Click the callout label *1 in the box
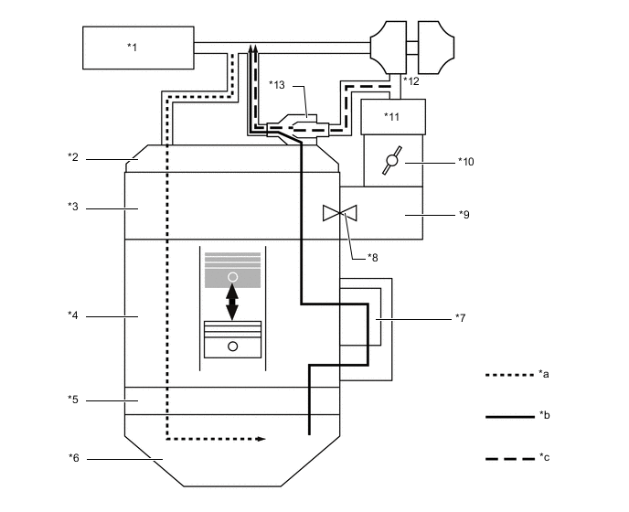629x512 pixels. [x=133, y=47]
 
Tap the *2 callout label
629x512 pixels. [x=73, y=156]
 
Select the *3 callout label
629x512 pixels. [x=73, y=208]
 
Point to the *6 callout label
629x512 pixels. [x=73, y=457]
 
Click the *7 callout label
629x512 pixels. [x=461, y=317]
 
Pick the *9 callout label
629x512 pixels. [x=464, y=214]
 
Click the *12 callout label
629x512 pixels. [x=411, y=82]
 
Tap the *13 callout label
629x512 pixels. [x=277, y=85]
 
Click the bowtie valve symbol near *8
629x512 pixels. [x=340, y=214]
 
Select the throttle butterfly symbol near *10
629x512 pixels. [x=391, y=161]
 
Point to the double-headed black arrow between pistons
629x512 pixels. [x=232, y=302]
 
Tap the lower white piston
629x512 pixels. [x=232, y=339]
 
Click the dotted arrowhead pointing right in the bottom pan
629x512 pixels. [x=261, y=440]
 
